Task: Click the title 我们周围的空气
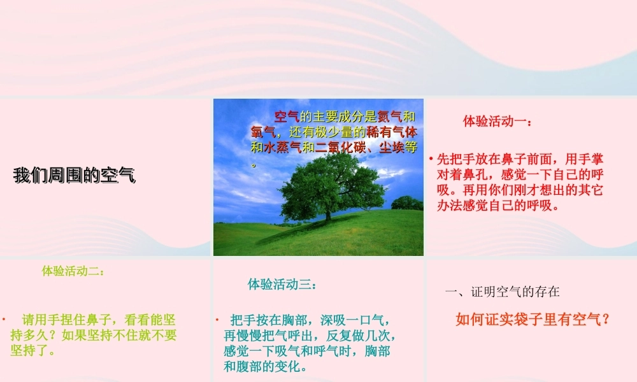tap(75, 176)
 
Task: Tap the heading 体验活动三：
tap(282, 285)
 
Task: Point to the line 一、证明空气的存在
tap(503, 292)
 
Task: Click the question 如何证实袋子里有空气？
tap(533, 320)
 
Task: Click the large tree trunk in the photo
tap(328, 213)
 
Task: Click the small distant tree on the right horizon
tap(406, 203)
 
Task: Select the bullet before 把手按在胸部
tap(217, 319)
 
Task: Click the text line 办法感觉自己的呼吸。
tap(498, 206)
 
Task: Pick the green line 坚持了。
tap(32, 351)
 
